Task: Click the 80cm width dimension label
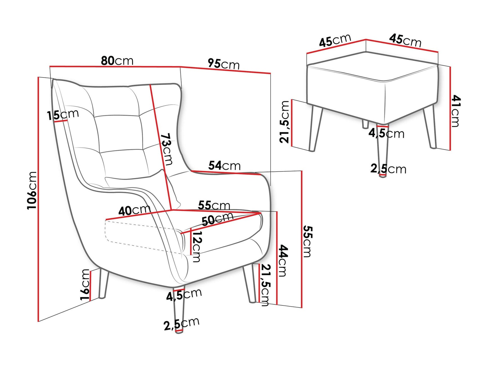point(117,61)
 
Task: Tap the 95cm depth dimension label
point(224,64)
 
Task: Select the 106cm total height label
point(32,190)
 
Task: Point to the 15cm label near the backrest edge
point(63,115)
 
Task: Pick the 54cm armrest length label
point(224,166)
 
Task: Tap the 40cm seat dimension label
point(134,210)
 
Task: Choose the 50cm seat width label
point(218,219)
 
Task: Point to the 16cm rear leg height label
point(85,285)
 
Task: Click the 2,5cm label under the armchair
point(182,324)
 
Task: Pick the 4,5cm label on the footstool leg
point(386,133)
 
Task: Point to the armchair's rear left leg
point(103,283)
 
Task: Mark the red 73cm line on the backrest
point(161,147)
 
